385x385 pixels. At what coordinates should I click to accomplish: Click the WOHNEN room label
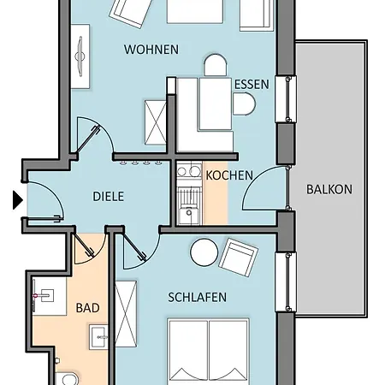tap(151, 50)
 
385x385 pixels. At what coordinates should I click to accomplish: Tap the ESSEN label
tap(252, 85)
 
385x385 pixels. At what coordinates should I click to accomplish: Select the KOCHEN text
tap(229, 175)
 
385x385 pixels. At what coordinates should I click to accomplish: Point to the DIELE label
tap(109, 197)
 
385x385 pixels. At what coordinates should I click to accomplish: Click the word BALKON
tap(329, 189)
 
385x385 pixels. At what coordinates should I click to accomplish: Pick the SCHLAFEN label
tap(198, 298)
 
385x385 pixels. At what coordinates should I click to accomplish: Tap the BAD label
tap(87, 308)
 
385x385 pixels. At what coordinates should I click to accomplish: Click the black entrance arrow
tap(18, 200)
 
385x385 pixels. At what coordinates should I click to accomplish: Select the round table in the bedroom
tap(204, 252)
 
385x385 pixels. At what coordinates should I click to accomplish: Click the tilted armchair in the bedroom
tap(238, 258)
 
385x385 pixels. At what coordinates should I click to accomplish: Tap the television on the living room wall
tap(80, 56)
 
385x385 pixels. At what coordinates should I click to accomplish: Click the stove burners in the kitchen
tap(189, 171)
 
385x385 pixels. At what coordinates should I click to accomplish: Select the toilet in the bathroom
tap(68, 378)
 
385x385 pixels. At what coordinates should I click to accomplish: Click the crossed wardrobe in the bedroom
tap(126, 314)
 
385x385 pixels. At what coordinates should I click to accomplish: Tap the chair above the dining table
tap(216, 65)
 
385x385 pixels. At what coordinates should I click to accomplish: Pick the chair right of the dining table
tap(244, 104)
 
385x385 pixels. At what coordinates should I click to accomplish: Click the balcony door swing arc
tap(257, 182)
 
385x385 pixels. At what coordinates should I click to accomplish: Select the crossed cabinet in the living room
tap(156, 122)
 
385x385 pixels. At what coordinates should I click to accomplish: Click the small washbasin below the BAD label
tap(98, 337)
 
